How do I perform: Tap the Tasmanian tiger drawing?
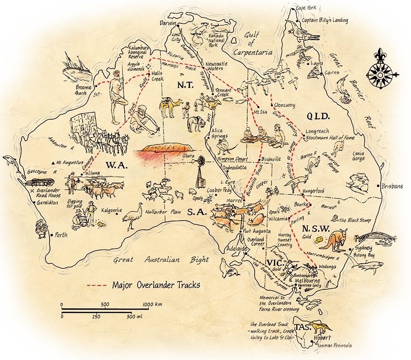[x=320, y=327]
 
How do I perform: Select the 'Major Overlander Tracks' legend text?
[x=156, y=285]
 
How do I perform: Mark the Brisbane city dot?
[x=380, y=186]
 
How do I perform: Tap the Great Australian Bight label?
[x=161, y=260]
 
